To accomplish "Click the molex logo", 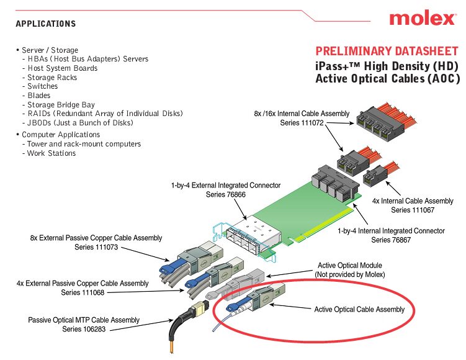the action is (423, 18).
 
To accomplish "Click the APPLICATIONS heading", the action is (46, 24).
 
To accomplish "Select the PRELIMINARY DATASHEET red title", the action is (387, 51).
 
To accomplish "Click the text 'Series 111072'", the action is (302, 123).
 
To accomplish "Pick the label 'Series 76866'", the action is (226, 195).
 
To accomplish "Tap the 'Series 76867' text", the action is (391, 240).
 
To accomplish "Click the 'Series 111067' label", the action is (413, 210).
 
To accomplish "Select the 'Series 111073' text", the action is (96, 247).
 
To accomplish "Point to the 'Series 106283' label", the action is (84, 329).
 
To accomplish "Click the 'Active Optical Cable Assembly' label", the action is (359, 310).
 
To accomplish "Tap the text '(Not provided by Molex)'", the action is (350, 274).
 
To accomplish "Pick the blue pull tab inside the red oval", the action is (233, 307).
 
